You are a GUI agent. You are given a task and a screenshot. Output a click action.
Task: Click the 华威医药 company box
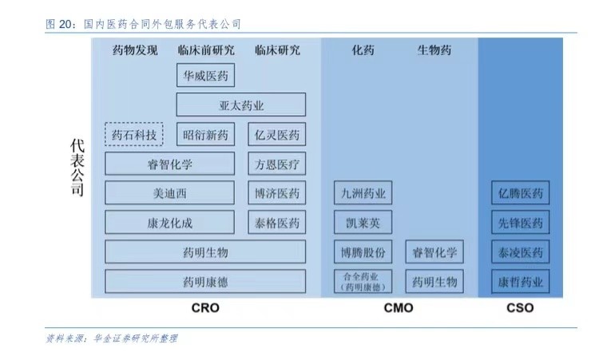(205, 76)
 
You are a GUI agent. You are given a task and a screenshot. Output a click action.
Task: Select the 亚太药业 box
(240, 105)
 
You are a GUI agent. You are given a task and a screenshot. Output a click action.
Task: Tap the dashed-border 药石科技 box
(134, 135)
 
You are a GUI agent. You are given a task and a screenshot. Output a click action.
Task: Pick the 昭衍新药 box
(205, 135)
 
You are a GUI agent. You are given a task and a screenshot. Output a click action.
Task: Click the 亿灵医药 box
(276, 135)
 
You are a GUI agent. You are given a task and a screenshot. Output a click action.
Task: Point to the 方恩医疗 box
(276, 164)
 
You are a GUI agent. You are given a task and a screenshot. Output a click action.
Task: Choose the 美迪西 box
(170, 193)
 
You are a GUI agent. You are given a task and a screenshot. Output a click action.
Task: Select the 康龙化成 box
(170, 223)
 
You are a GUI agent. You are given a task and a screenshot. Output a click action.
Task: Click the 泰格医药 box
(276, 223)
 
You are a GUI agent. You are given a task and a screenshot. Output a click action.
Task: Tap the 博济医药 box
(276, 193)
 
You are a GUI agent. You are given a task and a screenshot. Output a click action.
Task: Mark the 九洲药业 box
(363, 193)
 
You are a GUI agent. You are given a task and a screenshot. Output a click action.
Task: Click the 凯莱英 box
(363, 223)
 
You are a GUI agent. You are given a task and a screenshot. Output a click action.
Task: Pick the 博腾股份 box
(363, 252)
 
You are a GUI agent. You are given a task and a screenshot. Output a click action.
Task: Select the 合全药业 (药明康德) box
(363, 282)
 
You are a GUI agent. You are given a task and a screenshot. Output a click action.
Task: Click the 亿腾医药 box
(520, 193)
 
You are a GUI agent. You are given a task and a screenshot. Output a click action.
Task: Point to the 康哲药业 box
(520, 282)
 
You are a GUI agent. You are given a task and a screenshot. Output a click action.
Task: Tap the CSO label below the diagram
(519, 308)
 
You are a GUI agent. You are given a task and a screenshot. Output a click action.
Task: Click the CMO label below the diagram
(398, 308)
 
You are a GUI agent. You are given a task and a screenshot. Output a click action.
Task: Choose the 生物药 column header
(434, 50)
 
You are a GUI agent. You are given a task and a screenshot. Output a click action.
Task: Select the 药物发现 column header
(135, 50)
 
